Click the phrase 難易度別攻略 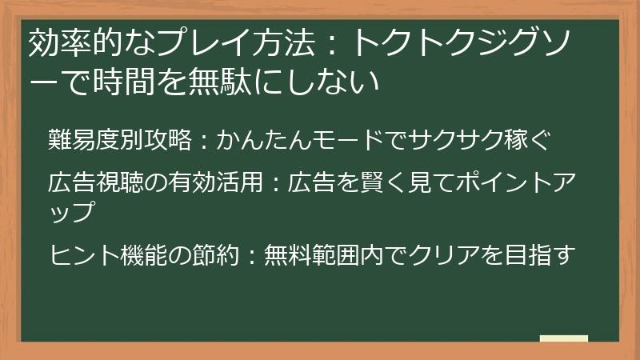point(119,141)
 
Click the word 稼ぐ point(529,141)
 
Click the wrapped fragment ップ point(72,212)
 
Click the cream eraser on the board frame point(563,339)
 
